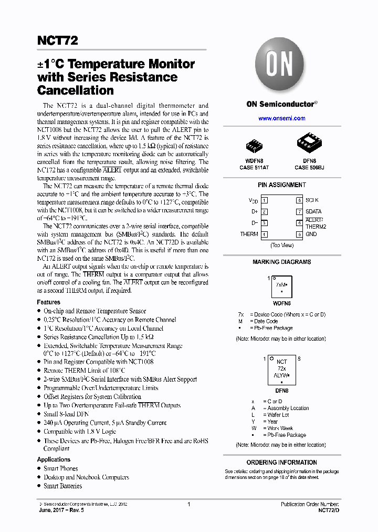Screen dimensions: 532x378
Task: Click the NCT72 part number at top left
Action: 58,40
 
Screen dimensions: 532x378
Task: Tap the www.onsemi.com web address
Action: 281,118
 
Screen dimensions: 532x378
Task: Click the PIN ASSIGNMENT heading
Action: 281,185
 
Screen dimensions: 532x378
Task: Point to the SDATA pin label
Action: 313,211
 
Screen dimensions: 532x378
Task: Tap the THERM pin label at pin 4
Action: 249,234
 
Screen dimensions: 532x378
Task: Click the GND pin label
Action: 311,234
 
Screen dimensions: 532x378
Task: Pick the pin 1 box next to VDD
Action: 265,200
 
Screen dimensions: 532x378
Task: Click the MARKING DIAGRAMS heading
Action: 281,262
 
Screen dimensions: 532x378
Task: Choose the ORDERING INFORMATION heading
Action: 281,463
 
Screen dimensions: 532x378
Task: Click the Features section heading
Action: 48,302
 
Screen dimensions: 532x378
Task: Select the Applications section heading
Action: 54,459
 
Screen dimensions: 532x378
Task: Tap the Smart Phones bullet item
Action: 60,468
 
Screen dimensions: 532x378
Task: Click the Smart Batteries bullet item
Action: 62,486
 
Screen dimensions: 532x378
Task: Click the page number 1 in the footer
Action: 188,504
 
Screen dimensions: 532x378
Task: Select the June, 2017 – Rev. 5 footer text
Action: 61,510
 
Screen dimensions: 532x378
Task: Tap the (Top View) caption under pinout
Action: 282,245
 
